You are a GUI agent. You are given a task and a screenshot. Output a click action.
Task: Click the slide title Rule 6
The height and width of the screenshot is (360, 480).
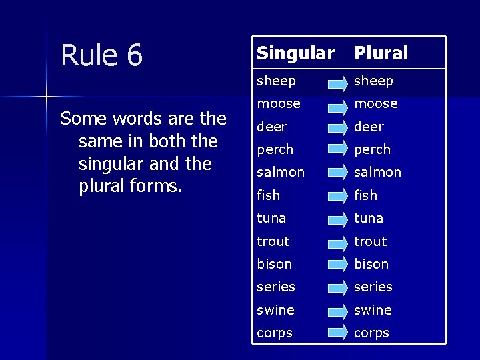pos(101,55)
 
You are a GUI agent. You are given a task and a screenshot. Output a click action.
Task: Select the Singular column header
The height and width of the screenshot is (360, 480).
pos(295,53)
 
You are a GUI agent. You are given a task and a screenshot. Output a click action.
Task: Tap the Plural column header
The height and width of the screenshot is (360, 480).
pos(381,53)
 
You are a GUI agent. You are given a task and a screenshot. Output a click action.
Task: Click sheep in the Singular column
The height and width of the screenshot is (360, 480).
pos(276,81)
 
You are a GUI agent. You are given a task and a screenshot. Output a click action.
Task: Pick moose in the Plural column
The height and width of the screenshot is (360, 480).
pos(375,103)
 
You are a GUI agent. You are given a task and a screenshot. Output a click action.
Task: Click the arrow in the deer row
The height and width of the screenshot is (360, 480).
pos(337,127)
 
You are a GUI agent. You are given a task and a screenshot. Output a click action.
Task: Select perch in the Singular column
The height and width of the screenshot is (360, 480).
pos(277,149)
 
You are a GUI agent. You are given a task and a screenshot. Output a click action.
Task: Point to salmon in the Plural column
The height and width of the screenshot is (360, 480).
pos(377,172)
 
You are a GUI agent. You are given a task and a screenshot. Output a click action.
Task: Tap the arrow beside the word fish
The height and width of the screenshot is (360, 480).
pos(337,195)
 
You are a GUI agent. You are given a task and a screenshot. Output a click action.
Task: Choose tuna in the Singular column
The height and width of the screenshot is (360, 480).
pos(271,218)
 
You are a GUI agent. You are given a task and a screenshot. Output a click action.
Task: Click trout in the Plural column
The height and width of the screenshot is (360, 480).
pos(370,241)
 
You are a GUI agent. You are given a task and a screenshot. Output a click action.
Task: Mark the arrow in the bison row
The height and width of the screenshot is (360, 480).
pos(337,264)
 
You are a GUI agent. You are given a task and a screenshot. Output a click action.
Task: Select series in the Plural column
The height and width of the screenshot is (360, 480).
pos(373,287)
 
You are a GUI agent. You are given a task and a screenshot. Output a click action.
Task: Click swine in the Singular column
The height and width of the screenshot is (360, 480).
pos(275,310)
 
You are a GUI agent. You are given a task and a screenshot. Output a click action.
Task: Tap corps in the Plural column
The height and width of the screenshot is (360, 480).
pos(371,333)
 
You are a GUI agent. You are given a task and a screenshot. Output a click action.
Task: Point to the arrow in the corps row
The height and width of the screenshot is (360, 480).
pos(337,333)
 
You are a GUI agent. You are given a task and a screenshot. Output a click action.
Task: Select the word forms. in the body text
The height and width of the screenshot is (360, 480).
pos(153,186)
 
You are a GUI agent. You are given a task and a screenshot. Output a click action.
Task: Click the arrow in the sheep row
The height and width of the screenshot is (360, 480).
pos(337,82)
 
